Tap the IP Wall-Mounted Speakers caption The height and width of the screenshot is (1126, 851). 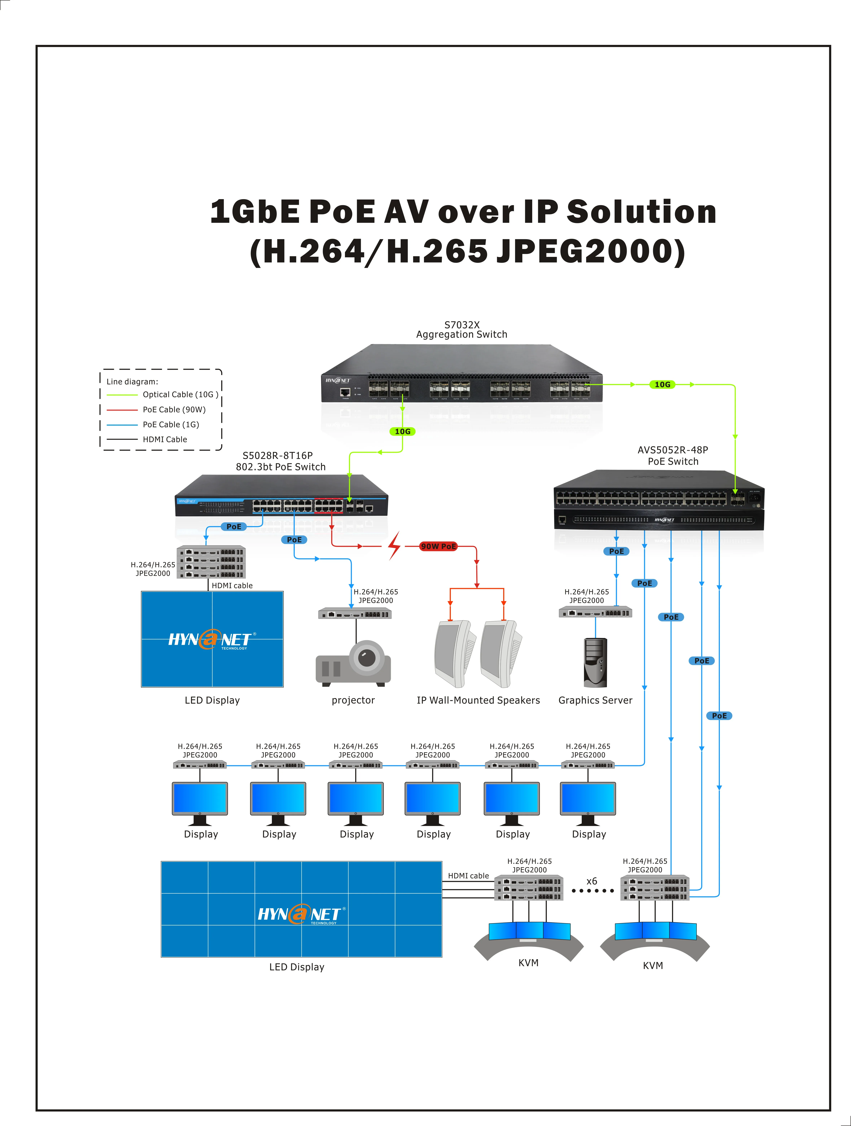478,700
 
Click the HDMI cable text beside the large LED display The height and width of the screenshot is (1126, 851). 468,876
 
